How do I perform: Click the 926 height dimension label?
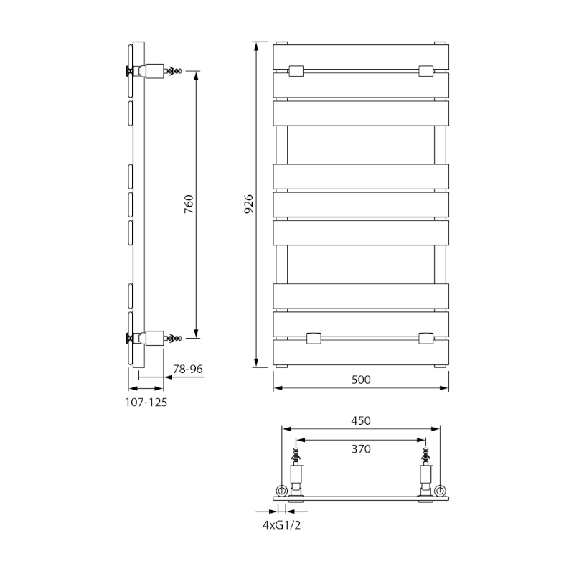pos(248,205)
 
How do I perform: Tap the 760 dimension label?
pos(189,205)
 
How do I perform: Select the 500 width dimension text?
pos(362,380)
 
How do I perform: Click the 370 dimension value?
pos(362,449)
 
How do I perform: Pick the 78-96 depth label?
pos(189,369)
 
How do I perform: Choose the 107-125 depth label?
pos(146,403)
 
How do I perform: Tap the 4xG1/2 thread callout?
pos(281,525)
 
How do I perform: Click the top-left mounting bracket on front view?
pos(296,71)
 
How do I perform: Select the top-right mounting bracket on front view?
pos(426,71)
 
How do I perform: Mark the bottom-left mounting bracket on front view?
pos(314,337)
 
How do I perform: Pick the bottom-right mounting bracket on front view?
pos(426,337)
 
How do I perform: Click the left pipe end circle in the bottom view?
pos(282,491)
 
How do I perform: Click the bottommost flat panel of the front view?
pos(362,352)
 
